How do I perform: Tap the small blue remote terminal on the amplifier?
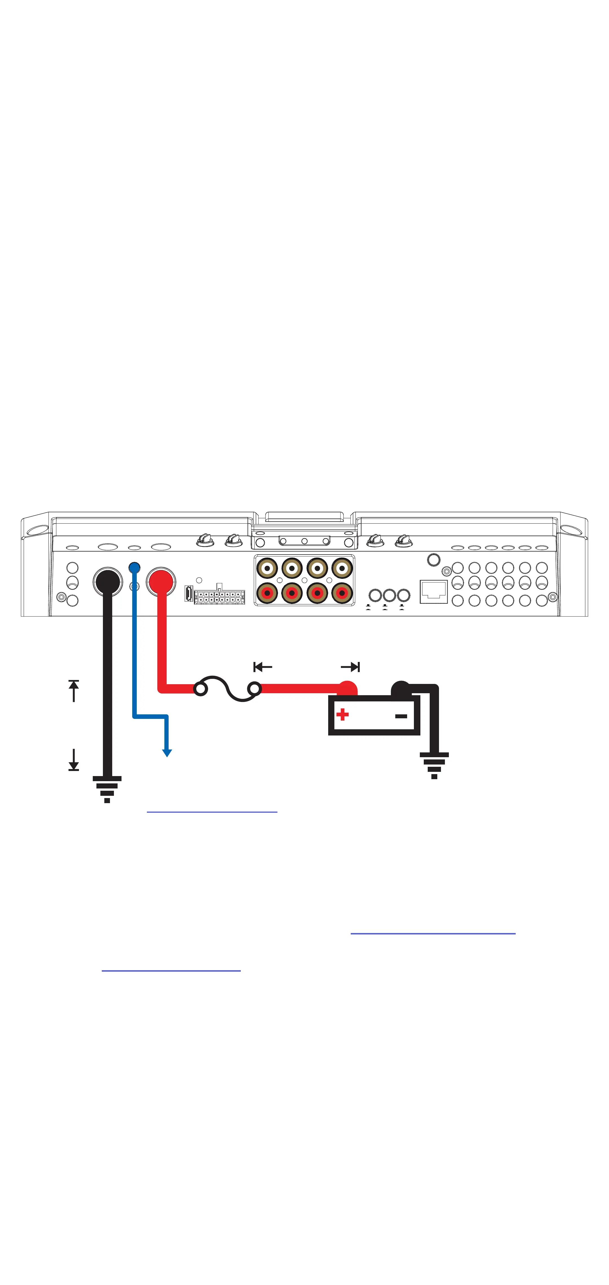[134, 568]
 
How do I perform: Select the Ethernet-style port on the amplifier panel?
[433, 591]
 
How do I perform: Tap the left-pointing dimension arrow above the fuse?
[262, 667]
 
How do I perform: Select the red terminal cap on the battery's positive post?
[348, 688]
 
